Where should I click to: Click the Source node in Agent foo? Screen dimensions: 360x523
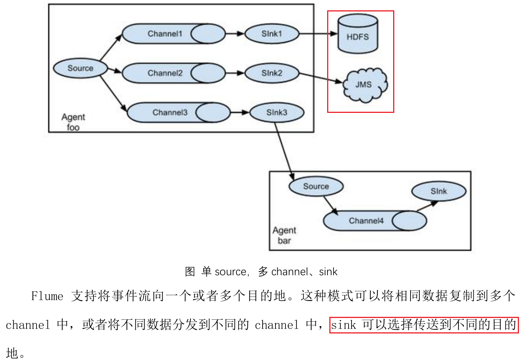coord(80,68)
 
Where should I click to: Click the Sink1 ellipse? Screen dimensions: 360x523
coord(272,34)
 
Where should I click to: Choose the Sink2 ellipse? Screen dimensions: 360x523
coord(272,73)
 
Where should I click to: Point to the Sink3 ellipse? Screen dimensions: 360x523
coord(277,112)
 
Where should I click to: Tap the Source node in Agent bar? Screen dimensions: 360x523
coord(316,186)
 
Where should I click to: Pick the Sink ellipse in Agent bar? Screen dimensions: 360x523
coord(439,191)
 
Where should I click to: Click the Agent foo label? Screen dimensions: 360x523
coord(73,122)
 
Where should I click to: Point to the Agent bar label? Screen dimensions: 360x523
coord(284,235)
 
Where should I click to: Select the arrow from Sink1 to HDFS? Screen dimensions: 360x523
coord(318,34)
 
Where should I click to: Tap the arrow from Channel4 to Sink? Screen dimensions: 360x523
coord(427,206)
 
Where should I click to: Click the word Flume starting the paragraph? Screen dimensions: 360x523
coord(47,296)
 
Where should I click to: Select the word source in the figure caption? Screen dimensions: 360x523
coord(231,272)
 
